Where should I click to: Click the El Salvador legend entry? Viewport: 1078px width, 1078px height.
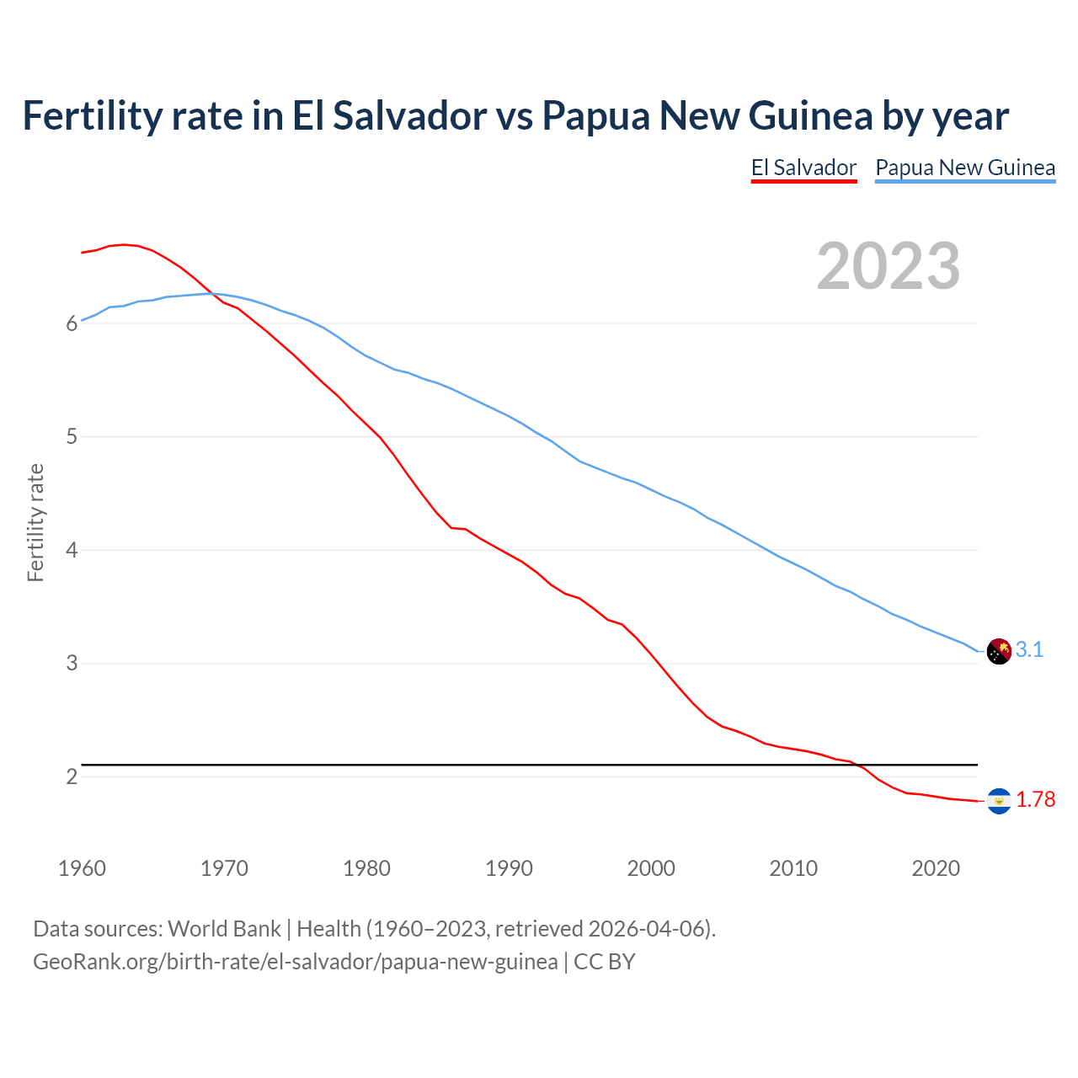803,168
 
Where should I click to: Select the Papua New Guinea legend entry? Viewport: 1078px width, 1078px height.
965,168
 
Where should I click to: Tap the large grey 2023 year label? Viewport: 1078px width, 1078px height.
888,266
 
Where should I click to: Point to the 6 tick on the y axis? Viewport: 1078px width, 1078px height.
72,324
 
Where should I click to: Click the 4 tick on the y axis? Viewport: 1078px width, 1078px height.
72,551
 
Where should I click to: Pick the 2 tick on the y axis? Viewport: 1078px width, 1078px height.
72,776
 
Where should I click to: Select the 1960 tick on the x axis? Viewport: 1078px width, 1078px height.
82,868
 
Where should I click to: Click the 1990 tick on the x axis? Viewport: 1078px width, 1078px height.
509,868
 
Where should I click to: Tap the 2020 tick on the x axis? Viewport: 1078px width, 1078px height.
936,868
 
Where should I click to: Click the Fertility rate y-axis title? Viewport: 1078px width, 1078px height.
35,522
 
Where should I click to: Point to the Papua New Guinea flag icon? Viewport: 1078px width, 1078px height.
999,651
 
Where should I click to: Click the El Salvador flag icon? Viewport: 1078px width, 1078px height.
999,801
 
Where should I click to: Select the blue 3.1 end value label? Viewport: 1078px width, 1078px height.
1029,649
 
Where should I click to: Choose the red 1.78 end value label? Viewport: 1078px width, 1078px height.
1035,799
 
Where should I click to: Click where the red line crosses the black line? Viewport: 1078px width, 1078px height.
860,765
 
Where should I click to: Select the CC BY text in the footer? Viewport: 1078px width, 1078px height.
604,962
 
